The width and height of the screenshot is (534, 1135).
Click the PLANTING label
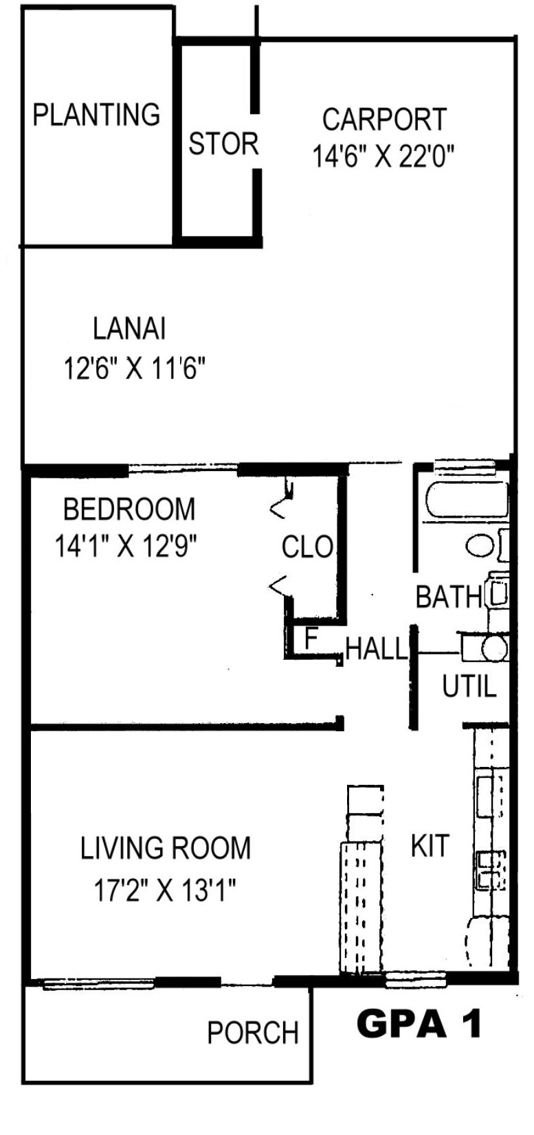click(x=96, y=115)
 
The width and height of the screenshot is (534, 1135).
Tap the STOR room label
click(x=223, y=144)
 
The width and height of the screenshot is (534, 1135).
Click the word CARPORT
click(x=384, y=119)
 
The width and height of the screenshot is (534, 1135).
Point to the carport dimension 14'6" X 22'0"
click(x=382, y=156)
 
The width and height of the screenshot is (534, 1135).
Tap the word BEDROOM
click(x=129, y=509)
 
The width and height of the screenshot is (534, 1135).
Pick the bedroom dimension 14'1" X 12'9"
click(x=125, y=547)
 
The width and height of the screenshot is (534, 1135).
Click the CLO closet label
click(x=307, y=547)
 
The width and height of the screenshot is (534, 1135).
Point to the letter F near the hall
click(x=311, y=639)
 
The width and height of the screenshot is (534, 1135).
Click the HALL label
click(x=377, y=648)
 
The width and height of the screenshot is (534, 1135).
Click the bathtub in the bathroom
click(x=466, y=500)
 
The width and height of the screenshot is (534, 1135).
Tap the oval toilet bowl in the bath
click(x=480, y=547)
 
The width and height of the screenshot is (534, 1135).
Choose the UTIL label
click(x=469, y=687)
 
